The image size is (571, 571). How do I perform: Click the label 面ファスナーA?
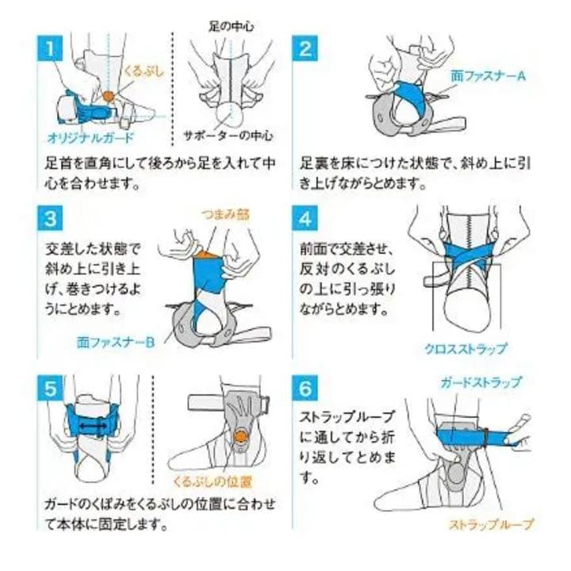(x=487, y=76)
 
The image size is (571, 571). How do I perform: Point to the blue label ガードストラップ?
(x=481, y=382)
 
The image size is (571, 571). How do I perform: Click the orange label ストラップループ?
(x=491, y=524)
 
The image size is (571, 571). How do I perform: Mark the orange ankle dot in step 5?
(x=239, y=435)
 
